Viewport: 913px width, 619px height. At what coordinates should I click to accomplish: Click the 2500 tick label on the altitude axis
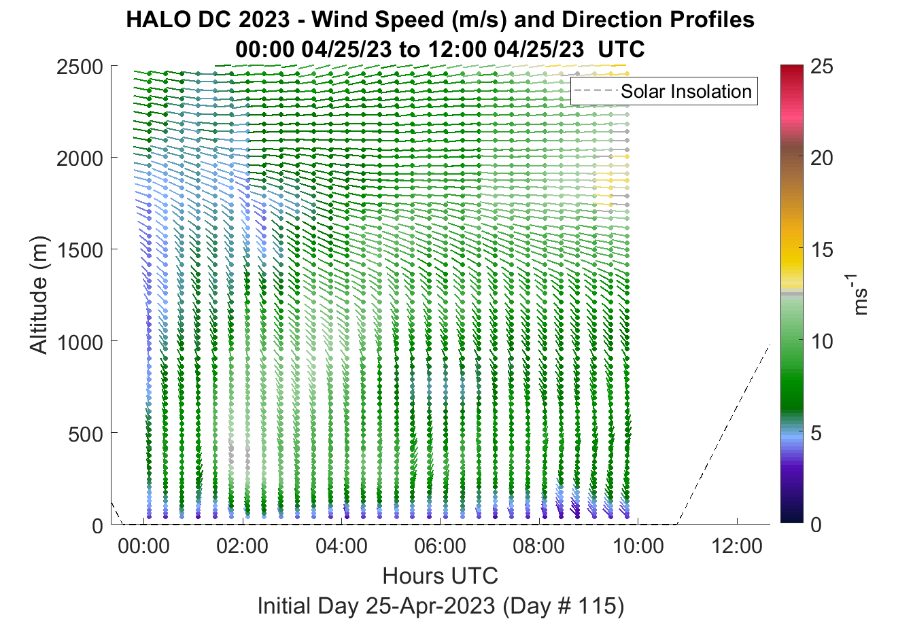coord(80,67)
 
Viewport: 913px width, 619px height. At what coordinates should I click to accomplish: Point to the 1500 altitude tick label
coord(80,250)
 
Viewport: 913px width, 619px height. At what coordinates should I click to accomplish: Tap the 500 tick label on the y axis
coord(86,434)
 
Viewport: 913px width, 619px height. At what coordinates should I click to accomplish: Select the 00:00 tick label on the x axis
coord(143,546)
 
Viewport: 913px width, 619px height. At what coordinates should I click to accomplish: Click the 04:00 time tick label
coord(341,546)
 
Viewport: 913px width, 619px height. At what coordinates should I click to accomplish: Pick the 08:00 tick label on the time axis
coord(539,546)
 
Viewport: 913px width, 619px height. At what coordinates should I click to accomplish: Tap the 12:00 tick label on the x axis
coord(736,546)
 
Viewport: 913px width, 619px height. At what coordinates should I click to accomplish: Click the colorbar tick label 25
coord(822,67)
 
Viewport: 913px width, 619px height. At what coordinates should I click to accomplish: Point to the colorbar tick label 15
coord(822,250)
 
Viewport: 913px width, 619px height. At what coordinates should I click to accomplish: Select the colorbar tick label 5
coord(816,434)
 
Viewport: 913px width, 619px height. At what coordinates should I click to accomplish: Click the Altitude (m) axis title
coord(39,295)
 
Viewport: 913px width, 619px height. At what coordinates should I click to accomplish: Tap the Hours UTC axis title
coord(441,576)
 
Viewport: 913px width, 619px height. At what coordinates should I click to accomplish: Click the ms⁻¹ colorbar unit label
coord(859,295)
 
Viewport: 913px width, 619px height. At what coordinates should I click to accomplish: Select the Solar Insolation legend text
coord(686,91)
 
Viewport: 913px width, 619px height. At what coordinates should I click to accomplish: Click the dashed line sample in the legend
coord(596,91)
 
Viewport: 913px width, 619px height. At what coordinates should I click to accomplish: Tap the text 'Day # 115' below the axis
coord(564,606)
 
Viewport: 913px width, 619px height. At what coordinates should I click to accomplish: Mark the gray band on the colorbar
coord(791,294)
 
